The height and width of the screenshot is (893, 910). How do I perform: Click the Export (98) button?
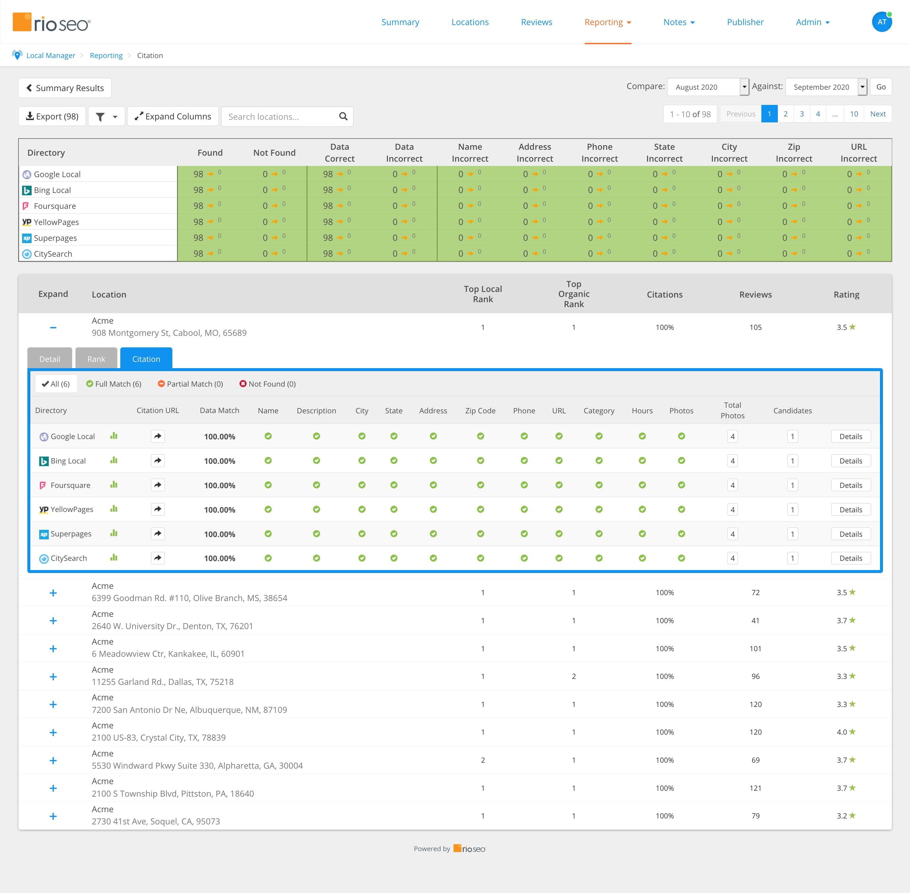point(52,116)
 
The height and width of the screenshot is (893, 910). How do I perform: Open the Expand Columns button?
point(173,116)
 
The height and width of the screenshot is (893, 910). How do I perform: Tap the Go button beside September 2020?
point(880,87)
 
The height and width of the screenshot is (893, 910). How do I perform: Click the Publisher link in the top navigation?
point(745,22)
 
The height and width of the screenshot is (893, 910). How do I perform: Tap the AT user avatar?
point(881,22)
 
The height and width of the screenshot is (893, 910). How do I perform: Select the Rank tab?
point(96,359)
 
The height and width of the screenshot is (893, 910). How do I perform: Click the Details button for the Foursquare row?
point(850,485)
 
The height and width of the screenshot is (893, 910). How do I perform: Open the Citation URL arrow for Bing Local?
point(158,461)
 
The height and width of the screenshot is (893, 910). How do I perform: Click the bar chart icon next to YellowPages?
point(114,509)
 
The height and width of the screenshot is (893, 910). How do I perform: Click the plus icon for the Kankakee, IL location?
point(53,649)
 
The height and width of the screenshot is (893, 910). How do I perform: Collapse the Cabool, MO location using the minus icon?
point(53,327)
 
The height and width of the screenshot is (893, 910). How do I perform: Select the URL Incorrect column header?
point(859,152)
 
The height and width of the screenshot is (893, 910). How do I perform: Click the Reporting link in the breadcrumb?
point(106,55)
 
